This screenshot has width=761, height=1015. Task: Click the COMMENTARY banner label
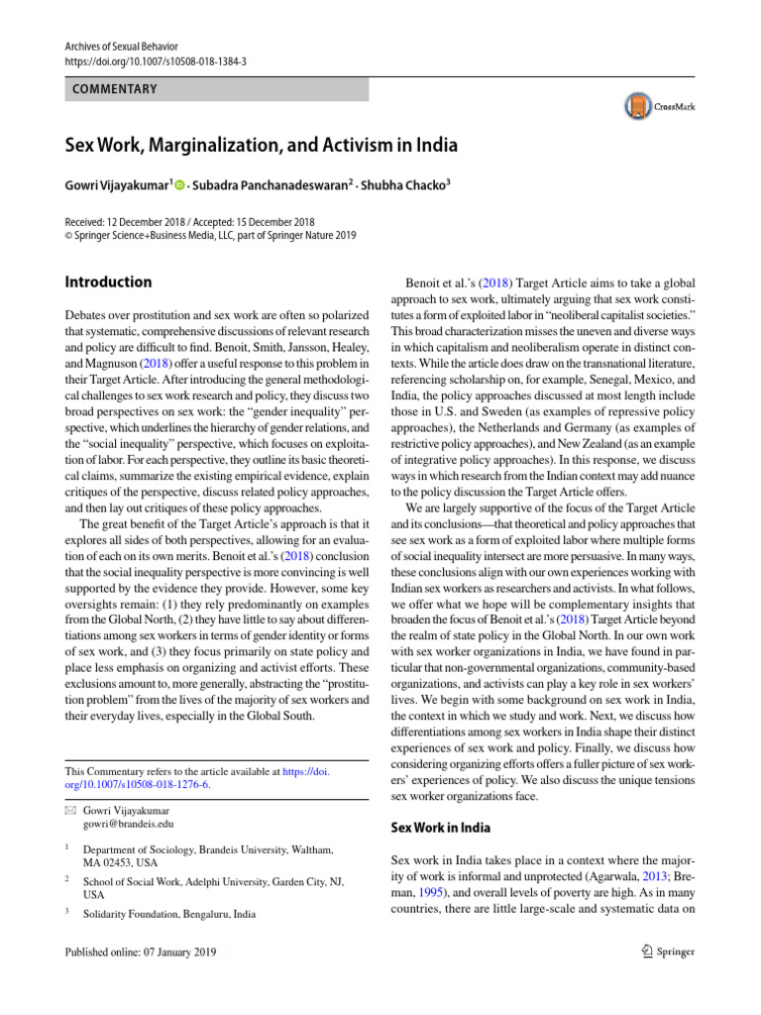point(115,89)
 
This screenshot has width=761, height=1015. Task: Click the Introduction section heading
point(108,282)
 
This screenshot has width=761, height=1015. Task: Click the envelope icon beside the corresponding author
point(69,810)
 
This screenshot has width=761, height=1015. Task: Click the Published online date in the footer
point(140,952)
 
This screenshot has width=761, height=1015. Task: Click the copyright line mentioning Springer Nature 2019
point(209,235)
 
